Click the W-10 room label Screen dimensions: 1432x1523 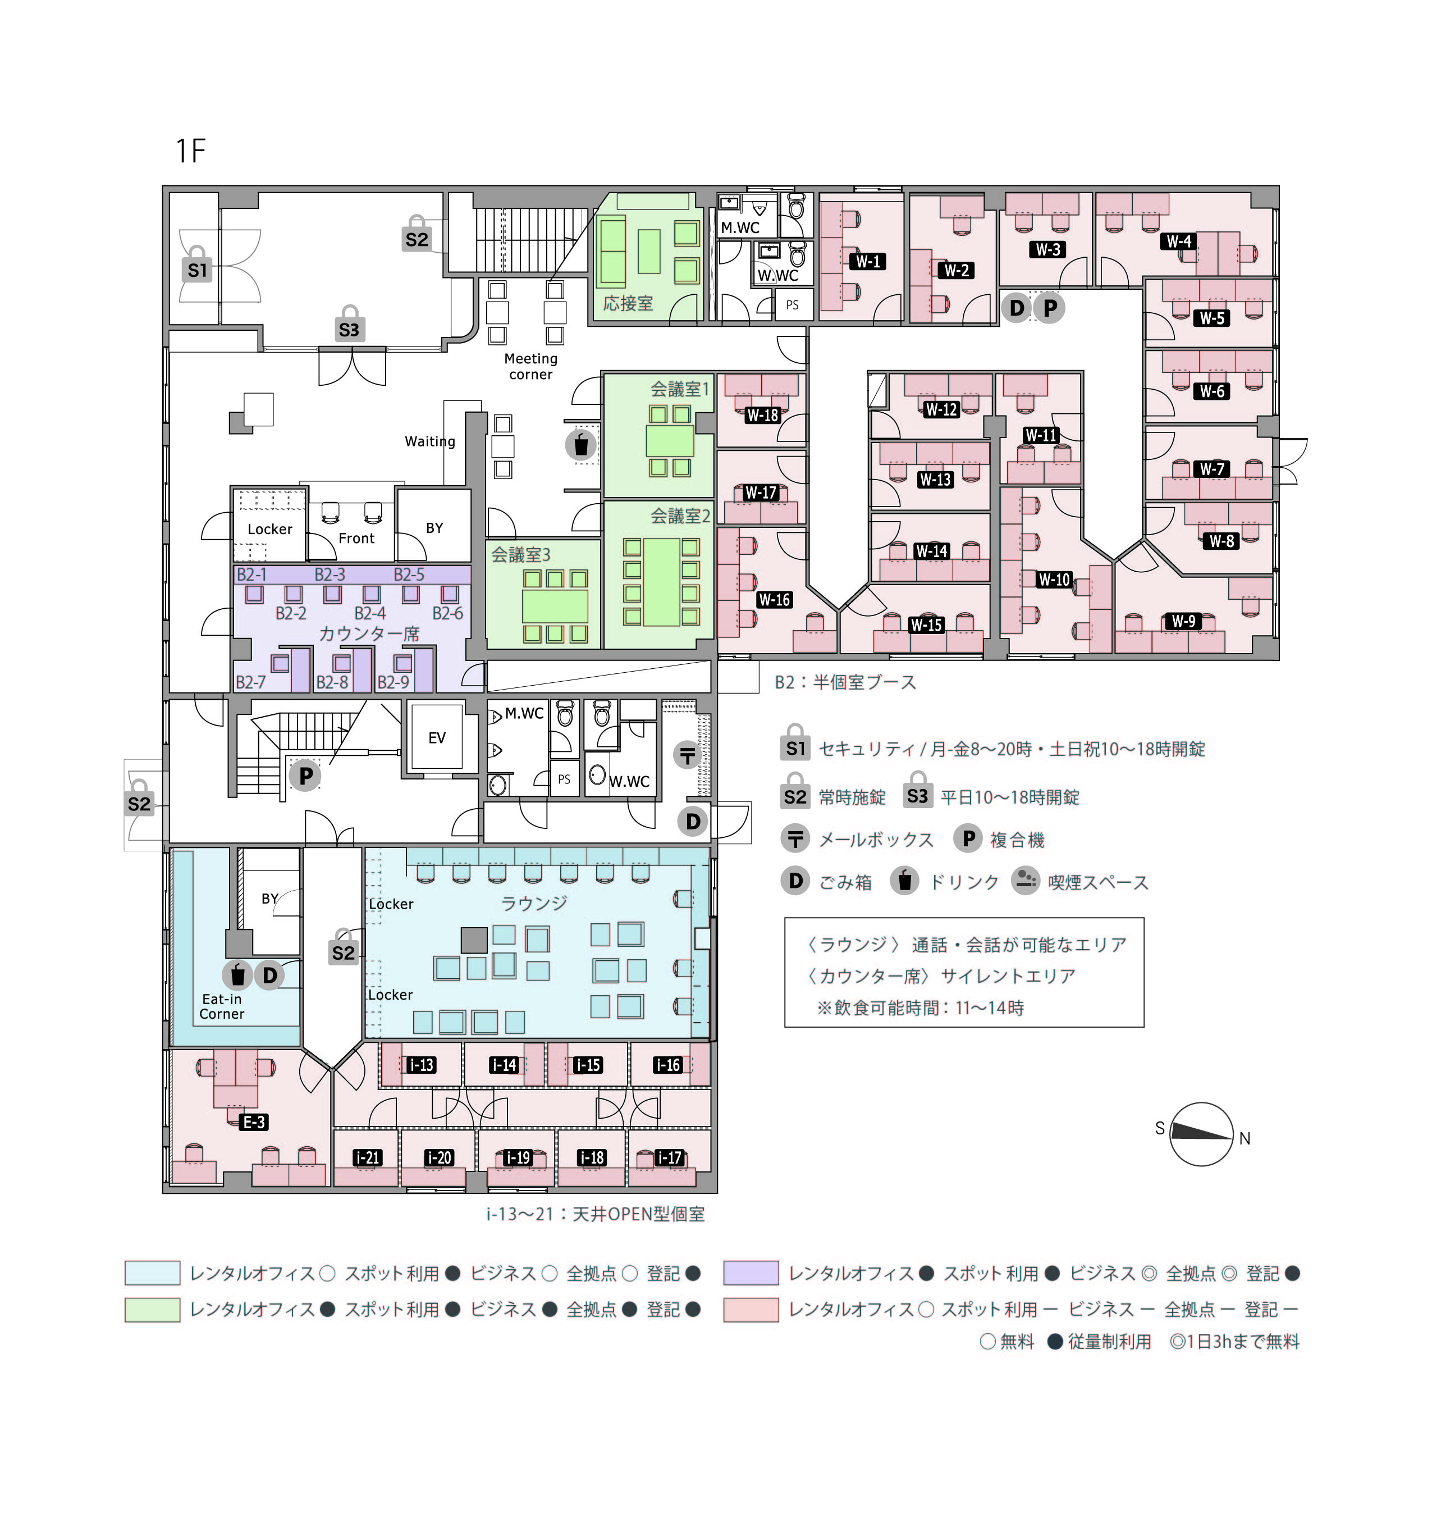(x=1054, y=580)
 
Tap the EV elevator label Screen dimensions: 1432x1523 (x=437, y=738)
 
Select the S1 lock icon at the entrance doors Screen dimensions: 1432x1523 (x=197, y=265)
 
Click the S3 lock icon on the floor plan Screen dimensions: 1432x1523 (x=349, y=325)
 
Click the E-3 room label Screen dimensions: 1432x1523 (x=254, y=1123)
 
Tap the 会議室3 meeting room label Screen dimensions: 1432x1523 (x=521, y=555)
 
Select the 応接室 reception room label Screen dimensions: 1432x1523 (x=628, y=303)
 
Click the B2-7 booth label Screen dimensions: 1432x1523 (x=250, y=682)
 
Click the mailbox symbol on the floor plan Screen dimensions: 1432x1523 (x=687, y=755)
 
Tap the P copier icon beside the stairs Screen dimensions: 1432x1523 (x=305, y=776)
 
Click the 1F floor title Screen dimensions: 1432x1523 (x=191, y=151)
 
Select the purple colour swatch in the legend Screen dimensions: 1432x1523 (x=751, y=1273)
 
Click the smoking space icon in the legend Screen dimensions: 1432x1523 (x=1026, y=881)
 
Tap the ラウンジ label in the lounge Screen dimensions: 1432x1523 (x=534, y=903)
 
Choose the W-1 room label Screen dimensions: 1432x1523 (x=868, y=261)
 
